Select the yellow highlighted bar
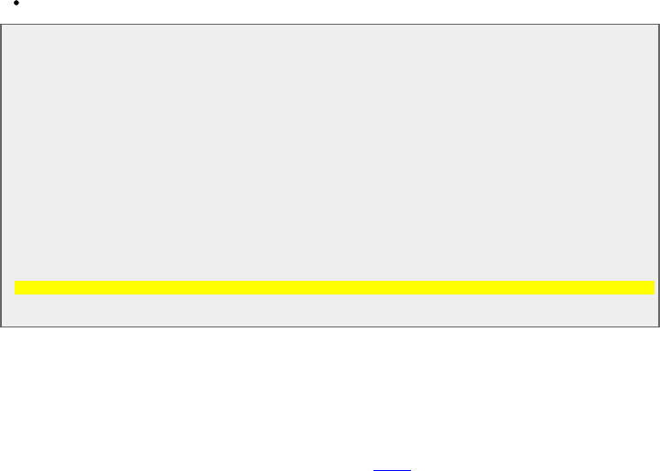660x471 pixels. (335, 288)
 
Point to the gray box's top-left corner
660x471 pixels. (1, 25)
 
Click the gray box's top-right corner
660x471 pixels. (659, 25)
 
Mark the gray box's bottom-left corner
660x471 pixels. (1, 326)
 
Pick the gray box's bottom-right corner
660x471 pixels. (659, 326)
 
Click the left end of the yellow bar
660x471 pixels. (16, 288)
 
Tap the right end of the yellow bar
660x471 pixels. (654, 288)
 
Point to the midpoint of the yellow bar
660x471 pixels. (335, 288)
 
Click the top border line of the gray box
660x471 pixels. (330, 25)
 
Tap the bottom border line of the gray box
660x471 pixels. (330, 326)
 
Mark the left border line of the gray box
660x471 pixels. (1, 174)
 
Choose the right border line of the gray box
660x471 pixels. (659, 174)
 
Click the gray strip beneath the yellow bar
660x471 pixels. (335, 310)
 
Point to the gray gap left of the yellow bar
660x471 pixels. (8, 288)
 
